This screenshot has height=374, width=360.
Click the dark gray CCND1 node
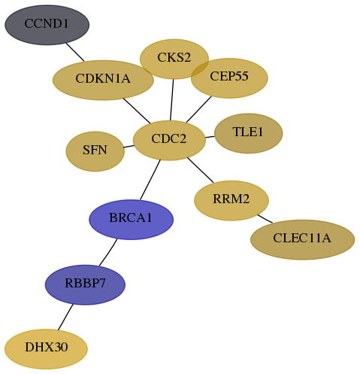pos(47,25)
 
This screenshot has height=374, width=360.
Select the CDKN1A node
pos(103,80)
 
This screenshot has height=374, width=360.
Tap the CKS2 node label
pos(174,57)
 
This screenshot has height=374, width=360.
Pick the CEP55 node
pos(229,78)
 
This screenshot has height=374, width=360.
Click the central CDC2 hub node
pos(169,140)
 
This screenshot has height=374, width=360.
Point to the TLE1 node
pos(249,133)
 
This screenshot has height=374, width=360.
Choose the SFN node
pos(95,151)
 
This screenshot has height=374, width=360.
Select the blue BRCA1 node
pos(131,220)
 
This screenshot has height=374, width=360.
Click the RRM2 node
pos(231,200)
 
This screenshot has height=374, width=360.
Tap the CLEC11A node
pos(302,239)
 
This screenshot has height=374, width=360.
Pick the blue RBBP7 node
pos(85,284)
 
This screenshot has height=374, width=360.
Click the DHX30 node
pos(46,349)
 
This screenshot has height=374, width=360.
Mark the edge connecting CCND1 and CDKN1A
pos(75,52)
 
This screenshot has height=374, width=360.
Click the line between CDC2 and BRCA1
pos(150,180)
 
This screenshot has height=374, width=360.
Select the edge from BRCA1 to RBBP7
pos(108,252)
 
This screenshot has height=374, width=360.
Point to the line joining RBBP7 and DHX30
pos(65,317)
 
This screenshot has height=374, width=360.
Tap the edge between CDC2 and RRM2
pos(201,170)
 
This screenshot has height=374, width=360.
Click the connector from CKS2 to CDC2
pos(172,100)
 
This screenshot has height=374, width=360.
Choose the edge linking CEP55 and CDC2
pos(199,109)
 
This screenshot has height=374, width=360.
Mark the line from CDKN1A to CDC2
pos(137,111)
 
